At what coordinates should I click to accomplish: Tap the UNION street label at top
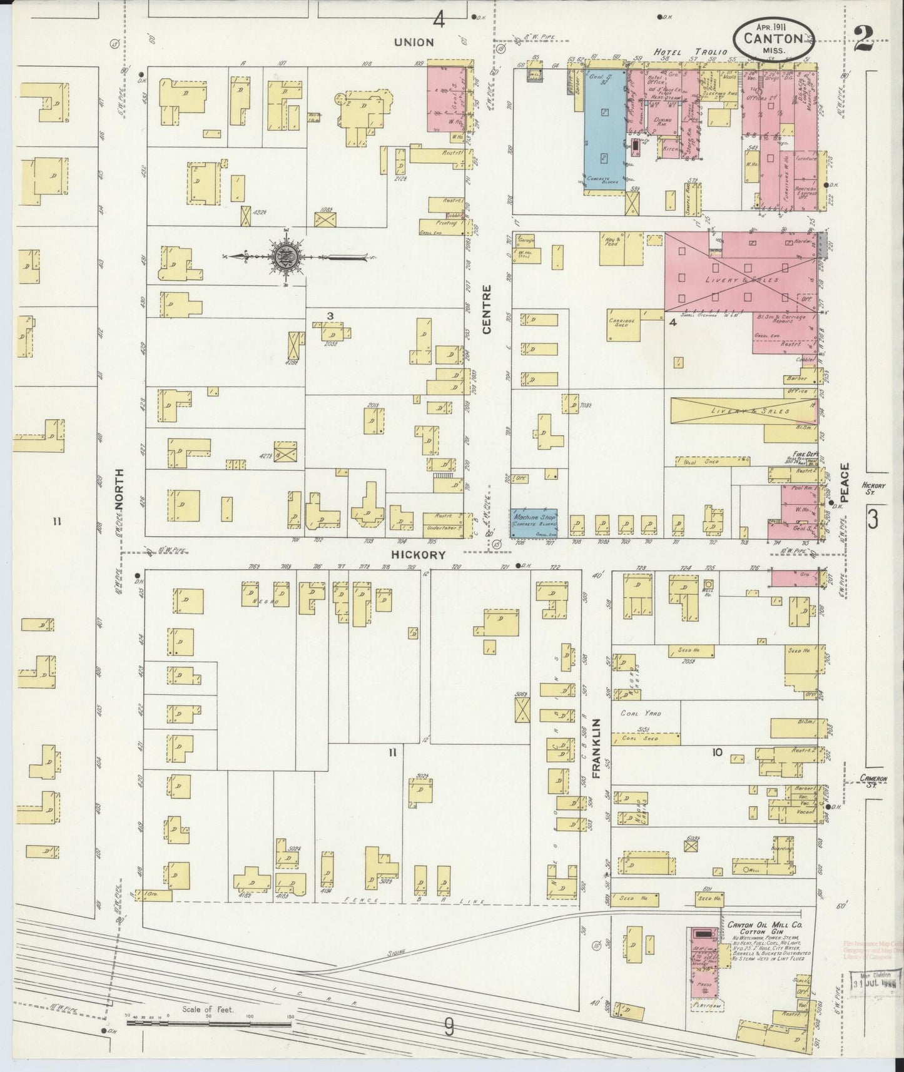414,43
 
